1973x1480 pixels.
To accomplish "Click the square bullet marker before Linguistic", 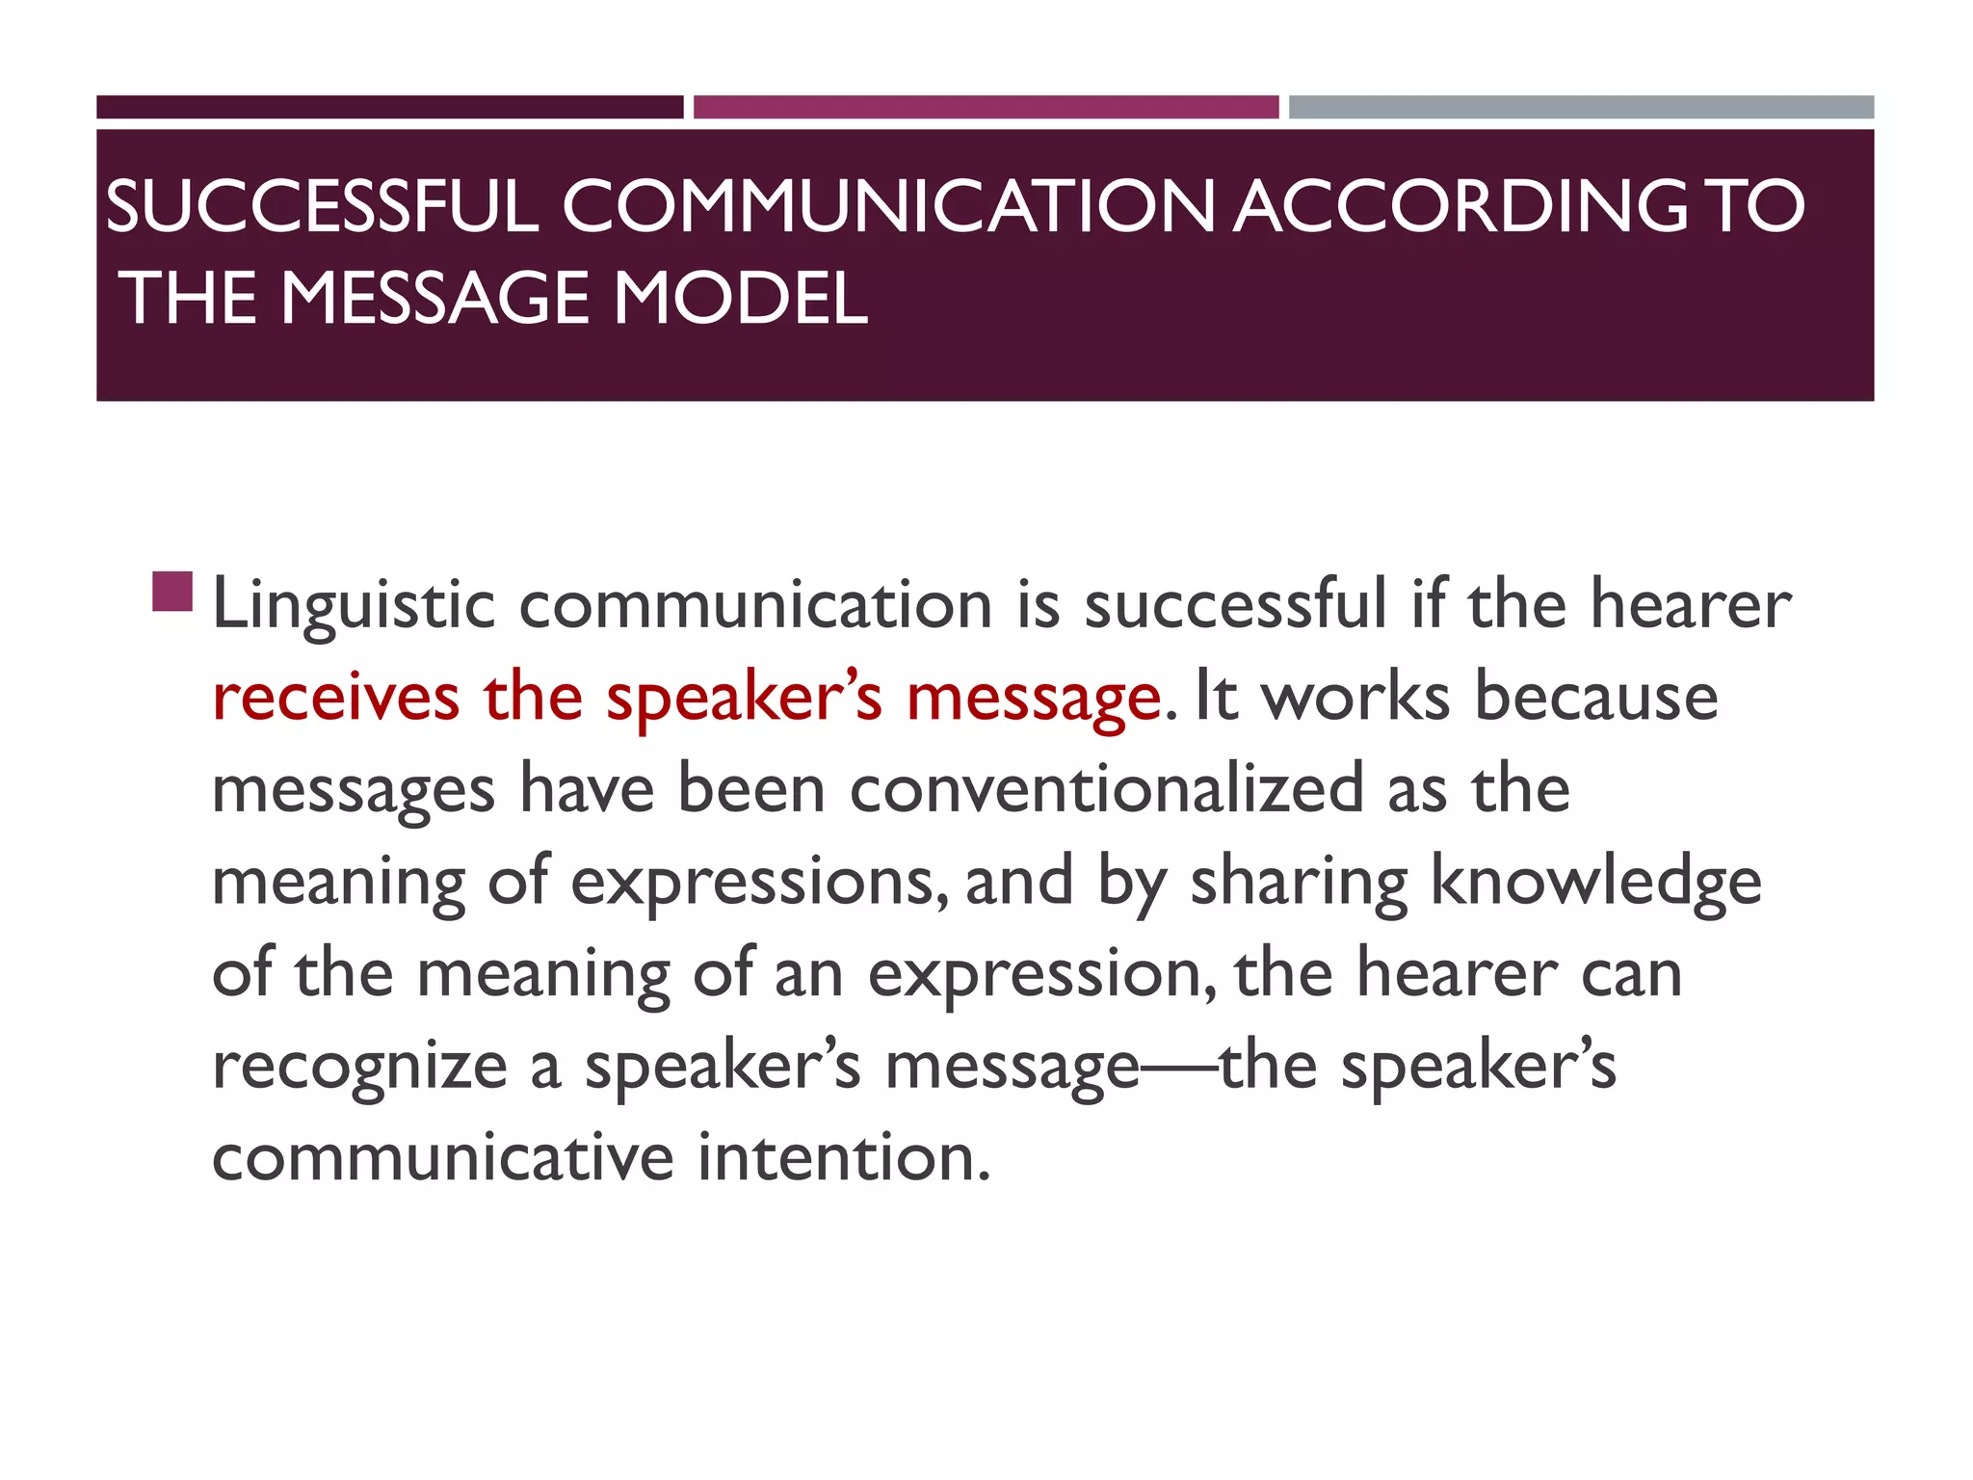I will pyautogui.click(x=172, y=592).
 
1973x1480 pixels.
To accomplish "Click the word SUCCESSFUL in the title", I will pyautogui.click(x=322, y=206).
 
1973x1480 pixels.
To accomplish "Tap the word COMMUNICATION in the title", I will pyautogui.click(x=888, y=206).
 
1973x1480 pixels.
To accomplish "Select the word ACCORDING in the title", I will pyautogui.click(x=1460, y=206).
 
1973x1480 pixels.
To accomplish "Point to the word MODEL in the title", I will pyautogui.click(x=740, y=298).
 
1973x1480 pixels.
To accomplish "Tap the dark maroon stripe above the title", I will pyautogui.click(x=389, y=107).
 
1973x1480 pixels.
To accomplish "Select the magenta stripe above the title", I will pyautogui.click(x=986, y=107).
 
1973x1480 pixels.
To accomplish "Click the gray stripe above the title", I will pyautogui.click(x=1581, y=107).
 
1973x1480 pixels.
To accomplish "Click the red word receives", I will pyautogui.click(x=335, y=699).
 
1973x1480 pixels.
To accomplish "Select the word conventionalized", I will pyautogui.click(x=1107, y=789).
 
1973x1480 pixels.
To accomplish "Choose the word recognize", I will pyautogui.click(x=359, y=1069).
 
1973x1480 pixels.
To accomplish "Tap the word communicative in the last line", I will pyautogui.click(x=442, y=1157).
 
